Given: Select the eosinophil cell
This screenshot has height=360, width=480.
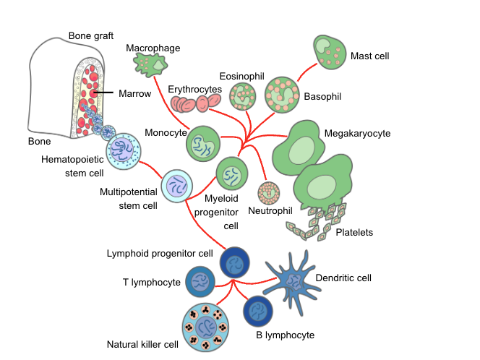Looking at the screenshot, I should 243,95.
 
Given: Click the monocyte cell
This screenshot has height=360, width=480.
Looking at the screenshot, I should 203,144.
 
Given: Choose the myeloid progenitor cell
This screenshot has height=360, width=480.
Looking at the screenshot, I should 232,174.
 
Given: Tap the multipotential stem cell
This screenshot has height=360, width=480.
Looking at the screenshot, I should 176,187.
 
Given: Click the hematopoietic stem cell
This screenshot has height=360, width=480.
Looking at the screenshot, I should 122,151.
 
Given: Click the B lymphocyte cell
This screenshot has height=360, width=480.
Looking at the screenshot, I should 258,312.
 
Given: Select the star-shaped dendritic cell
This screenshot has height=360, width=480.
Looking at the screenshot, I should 293,279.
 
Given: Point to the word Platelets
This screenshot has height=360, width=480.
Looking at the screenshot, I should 354,232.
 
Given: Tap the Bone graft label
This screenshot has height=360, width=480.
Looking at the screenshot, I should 92,35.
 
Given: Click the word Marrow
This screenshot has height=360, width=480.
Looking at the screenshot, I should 135,93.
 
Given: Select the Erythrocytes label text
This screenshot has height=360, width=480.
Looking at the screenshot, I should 194,89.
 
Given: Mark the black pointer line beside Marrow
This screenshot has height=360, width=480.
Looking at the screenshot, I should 105,93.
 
